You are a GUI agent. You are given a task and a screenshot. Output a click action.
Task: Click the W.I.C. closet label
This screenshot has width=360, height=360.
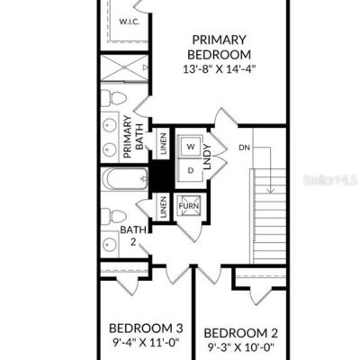[130, 22]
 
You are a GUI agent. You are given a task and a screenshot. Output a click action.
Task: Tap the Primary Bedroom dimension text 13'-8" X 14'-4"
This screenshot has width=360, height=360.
[219, 69]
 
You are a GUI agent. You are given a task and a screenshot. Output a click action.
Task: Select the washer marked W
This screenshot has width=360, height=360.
[191, 147]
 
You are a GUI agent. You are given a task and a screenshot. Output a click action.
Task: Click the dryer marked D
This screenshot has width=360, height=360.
[191, 170]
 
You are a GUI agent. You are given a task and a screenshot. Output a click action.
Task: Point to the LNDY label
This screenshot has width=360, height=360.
[208, 157]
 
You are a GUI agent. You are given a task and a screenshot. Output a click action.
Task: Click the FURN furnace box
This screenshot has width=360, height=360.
[189, 206]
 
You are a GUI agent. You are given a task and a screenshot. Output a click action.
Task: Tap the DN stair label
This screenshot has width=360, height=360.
[245, 148]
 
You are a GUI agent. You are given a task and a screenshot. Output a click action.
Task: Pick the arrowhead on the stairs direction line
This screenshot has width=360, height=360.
[271, 190]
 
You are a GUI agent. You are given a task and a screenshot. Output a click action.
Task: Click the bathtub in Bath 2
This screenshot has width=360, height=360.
[124, 179]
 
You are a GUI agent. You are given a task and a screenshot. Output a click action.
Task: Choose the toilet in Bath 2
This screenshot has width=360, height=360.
[113, 216]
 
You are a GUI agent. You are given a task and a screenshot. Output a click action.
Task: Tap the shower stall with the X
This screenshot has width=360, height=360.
[124, 67]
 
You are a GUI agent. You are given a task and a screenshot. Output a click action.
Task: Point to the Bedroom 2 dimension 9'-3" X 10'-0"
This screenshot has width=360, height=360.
[241, 347]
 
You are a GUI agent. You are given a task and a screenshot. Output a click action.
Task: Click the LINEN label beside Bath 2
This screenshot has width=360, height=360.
[163, 207]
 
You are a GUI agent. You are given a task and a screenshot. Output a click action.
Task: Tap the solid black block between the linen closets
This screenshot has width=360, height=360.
[161, 175]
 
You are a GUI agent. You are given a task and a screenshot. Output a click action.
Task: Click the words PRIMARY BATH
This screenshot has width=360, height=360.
[133, 137]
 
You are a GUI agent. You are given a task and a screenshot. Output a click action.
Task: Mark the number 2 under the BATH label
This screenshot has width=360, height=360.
[133, 242]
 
